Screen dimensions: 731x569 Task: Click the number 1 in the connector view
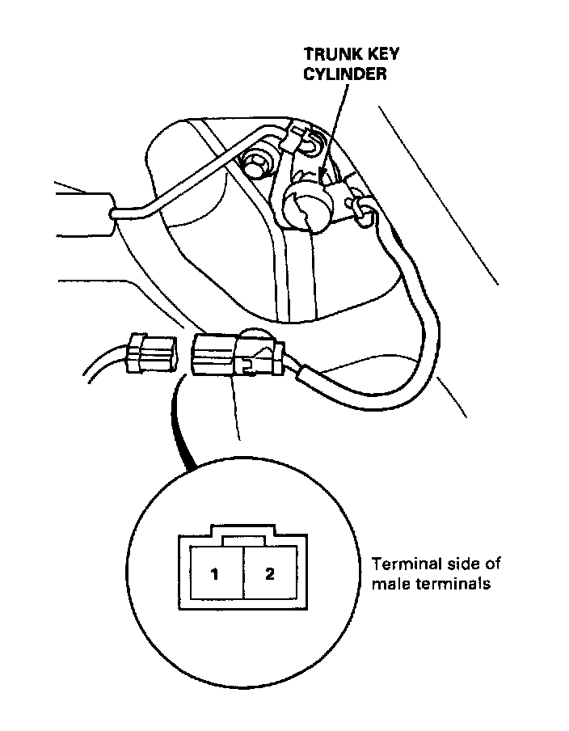(215, 575)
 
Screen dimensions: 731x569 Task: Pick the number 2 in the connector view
(270, 575)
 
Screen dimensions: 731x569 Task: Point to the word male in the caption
(390, 584)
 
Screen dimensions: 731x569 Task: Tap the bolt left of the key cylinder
(260, 163)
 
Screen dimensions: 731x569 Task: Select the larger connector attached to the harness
(235, 356)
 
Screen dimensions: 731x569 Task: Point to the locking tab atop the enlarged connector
(243, 531)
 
